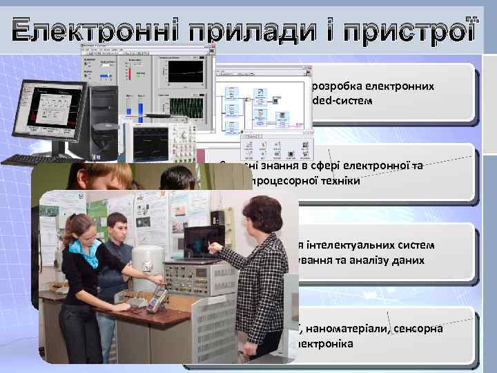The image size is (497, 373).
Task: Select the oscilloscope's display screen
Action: coord(155,137)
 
